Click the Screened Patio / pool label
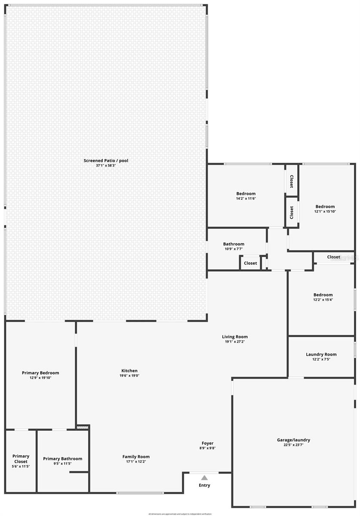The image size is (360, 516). coord(106,160)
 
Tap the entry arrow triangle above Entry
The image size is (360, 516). coord(204,478)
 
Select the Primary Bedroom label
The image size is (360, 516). coord(40,373)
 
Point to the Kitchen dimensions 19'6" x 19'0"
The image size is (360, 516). coord(129,375)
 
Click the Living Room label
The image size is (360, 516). coord(235,337)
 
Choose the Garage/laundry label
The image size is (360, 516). coord(293,440)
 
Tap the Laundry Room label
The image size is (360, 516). coord(321,354)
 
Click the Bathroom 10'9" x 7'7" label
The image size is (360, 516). coord(234,244)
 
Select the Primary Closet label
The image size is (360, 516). coord(21,459)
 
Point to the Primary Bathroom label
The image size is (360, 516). coord(63,459)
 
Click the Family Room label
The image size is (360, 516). coord(136,457)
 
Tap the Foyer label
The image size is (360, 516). coord(208,443)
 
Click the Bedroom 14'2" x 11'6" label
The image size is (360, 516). coord(246,193)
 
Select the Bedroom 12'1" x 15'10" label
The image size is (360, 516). coord(325,206)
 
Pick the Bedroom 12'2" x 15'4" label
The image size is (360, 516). coord(323,295)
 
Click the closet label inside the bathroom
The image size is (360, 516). coord(250,263)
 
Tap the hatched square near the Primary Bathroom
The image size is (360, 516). coord(82,427)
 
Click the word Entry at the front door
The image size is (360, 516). coord(204,485)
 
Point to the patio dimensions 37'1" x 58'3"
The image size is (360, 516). coord(106,166)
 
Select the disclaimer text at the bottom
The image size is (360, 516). coord(180,514)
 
